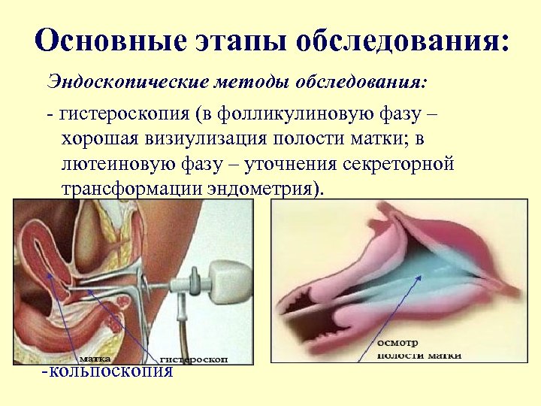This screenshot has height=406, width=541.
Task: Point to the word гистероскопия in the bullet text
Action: click(124, 114)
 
